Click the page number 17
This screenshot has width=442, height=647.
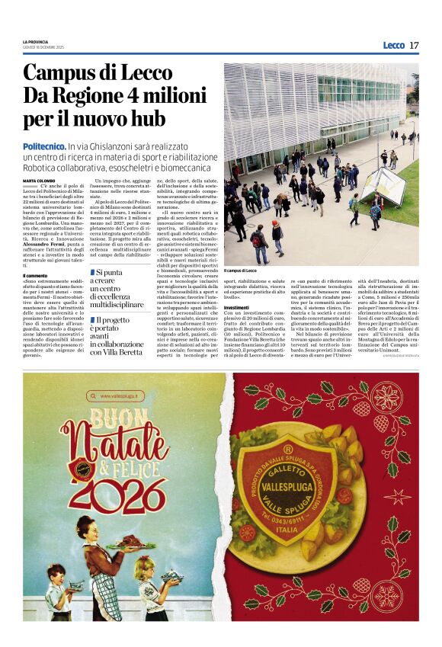point(414,45)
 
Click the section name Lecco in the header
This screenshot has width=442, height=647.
point(393,45)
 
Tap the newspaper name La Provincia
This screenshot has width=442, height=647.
point(35,41)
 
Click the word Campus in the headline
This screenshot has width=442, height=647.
point(62,74)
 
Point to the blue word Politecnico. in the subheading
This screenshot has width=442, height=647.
point(43,146)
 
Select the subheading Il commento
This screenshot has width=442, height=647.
point(35,275)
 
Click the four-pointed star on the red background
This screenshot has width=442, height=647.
point(395,496)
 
